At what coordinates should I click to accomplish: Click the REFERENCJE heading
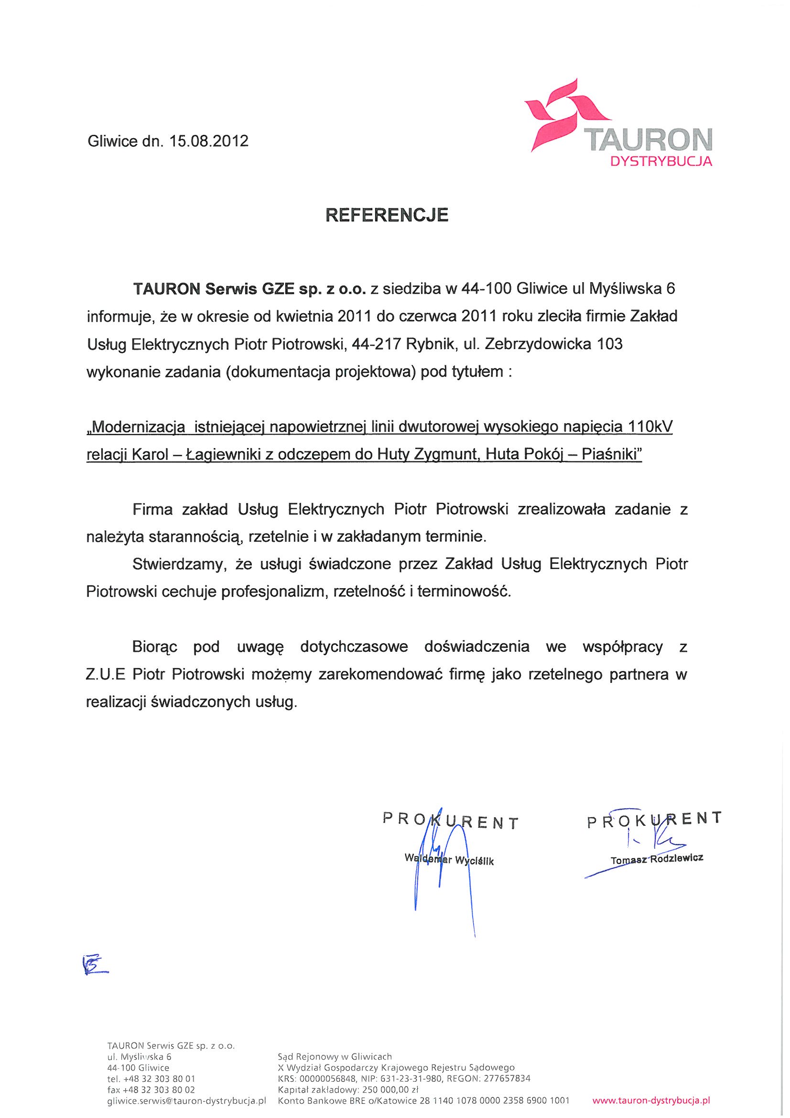[387, 215]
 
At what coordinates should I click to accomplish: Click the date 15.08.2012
[209, 141]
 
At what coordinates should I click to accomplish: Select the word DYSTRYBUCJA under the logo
[661, 162]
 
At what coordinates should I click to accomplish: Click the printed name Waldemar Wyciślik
[449, 873]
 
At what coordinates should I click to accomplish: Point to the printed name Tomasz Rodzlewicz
[656, 872]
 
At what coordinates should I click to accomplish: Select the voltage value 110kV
[650, 427]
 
